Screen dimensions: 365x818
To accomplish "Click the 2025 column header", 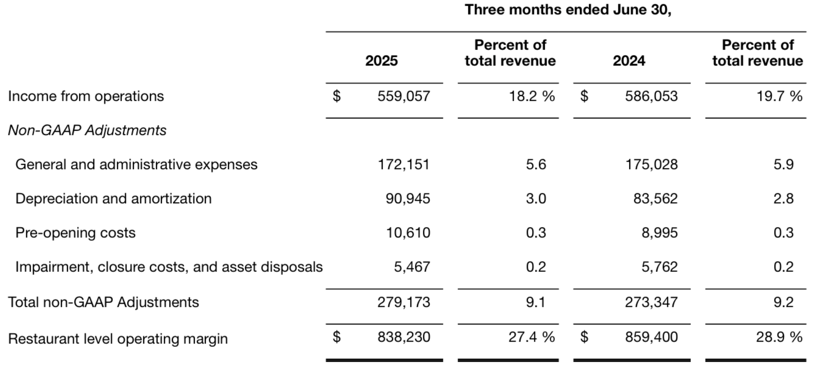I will click(x=381, y=61).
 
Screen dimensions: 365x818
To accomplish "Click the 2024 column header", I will click(x=629, y=61).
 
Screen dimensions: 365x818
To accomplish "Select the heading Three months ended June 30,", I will click(x=568, y=10).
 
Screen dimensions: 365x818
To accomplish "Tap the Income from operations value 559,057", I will click(x=403, y=96).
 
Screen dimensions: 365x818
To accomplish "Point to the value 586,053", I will click(x=651, y=96).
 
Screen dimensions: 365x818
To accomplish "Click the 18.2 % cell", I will click(x=531, y=96).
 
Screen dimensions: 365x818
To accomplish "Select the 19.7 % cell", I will click(x=779, y=96).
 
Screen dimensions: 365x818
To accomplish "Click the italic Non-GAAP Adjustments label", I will click(x=87, y=130).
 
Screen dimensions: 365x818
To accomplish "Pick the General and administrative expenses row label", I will click(x=136, y=165).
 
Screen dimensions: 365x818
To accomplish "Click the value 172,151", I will click(x=403, y=165).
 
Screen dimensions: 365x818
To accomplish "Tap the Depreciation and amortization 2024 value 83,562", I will click(x=655, y=199).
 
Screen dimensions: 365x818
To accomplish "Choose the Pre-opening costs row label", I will click(x=75, y=233).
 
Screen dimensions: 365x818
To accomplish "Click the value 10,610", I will click(x=408, y=233).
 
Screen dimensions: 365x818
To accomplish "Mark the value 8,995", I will click(x=659, y=233).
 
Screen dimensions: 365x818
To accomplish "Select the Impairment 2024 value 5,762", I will click(x=659, y=267).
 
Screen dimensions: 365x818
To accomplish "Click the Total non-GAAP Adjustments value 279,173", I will click(x=403, y=302).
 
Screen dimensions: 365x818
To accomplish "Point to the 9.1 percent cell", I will click(x=535, y=302).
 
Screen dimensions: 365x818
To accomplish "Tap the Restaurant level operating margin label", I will click(x=118, y=339).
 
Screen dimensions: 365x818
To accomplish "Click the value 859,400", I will click(x=651, y=337).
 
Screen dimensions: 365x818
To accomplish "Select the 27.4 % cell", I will click(x=531, y=337).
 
